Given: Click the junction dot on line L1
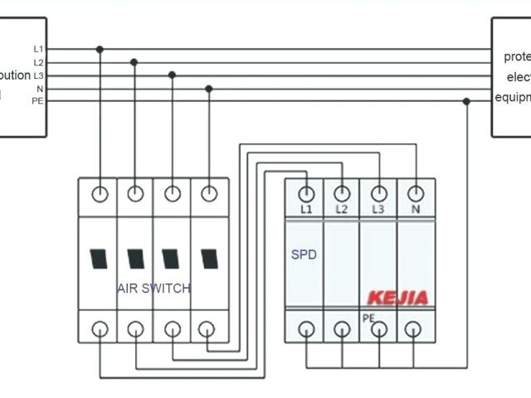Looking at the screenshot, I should (x=100, y=50).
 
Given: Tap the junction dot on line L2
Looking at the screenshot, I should (x=134, y=61).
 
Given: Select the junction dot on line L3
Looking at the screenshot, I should (x=172, y=75).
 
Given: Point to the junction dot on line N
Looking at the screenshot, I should (x=208, y=88).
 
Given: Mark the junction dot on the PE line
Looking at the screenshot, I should (x=466, y=101).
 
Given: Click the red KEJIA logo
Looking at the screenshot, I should (x=398, y=298).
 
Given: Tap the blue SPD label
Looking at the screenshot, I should (x=304, y=255).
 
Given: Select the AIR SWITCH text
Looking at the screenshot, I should (x=153, y=289).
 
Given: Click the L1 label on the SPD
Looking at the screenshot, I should (x=306, y=209).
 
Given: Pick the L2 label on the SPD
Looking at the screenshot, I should (x=342, y=209).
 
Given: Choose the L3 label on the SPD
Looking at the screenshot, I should (x=378, y=209).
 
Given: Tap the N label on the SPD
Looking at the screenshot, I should (x=415, y=209).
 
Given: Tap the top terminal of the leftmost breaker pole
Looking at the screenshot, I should (x=100, y=194).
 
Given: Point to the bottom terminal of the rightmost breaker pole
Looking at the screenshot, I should (x=208, y=328).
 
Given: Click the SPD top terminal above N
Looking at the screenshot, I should (x=415, y=192).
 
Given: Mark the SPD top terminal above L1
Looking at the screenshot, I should (x=306, y=192).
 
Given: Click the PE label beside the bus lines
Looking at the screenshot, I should (x=37, y=100).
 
